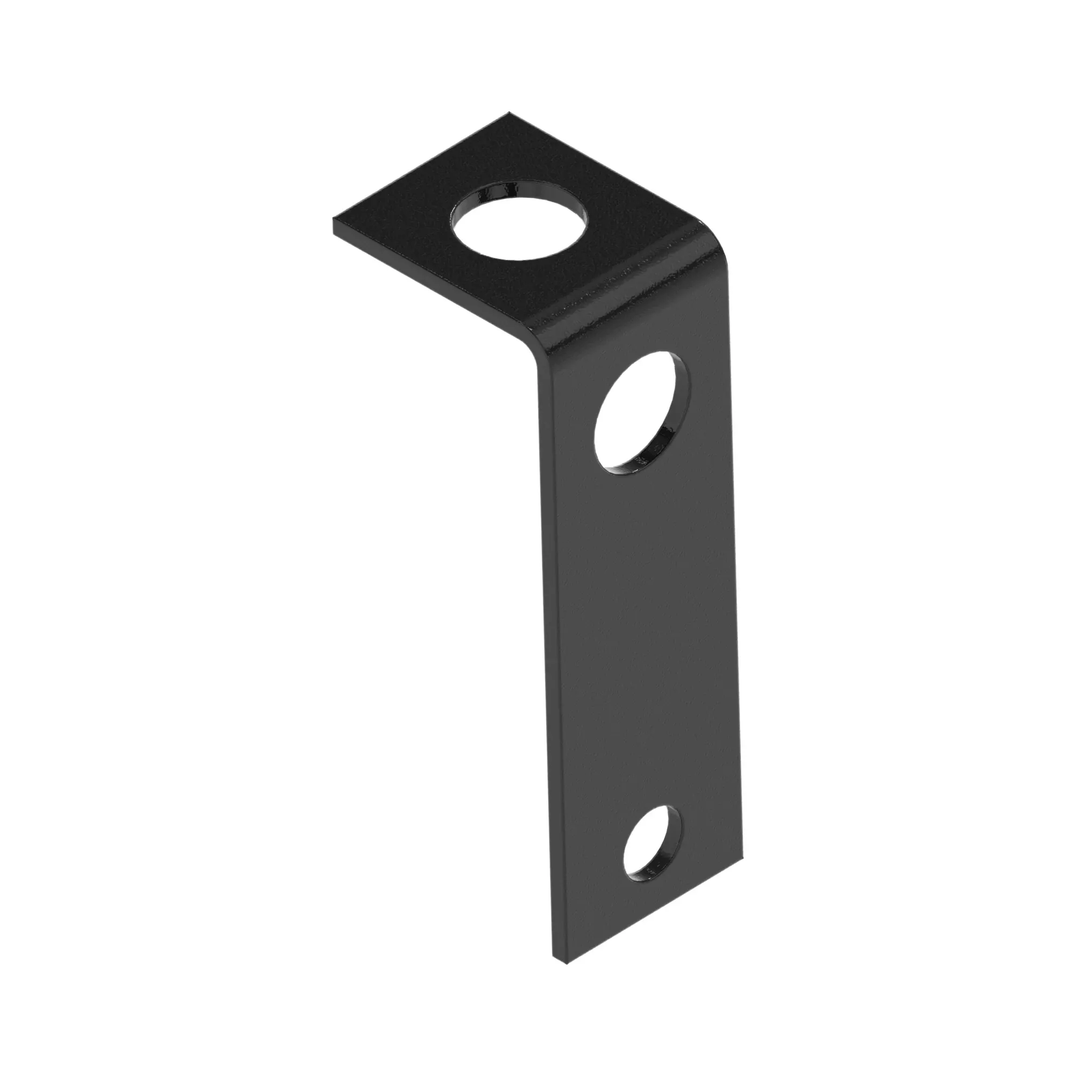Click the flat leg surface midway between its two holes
(x=646, y=640)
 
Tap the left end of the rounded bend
(x=535, y=339)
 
